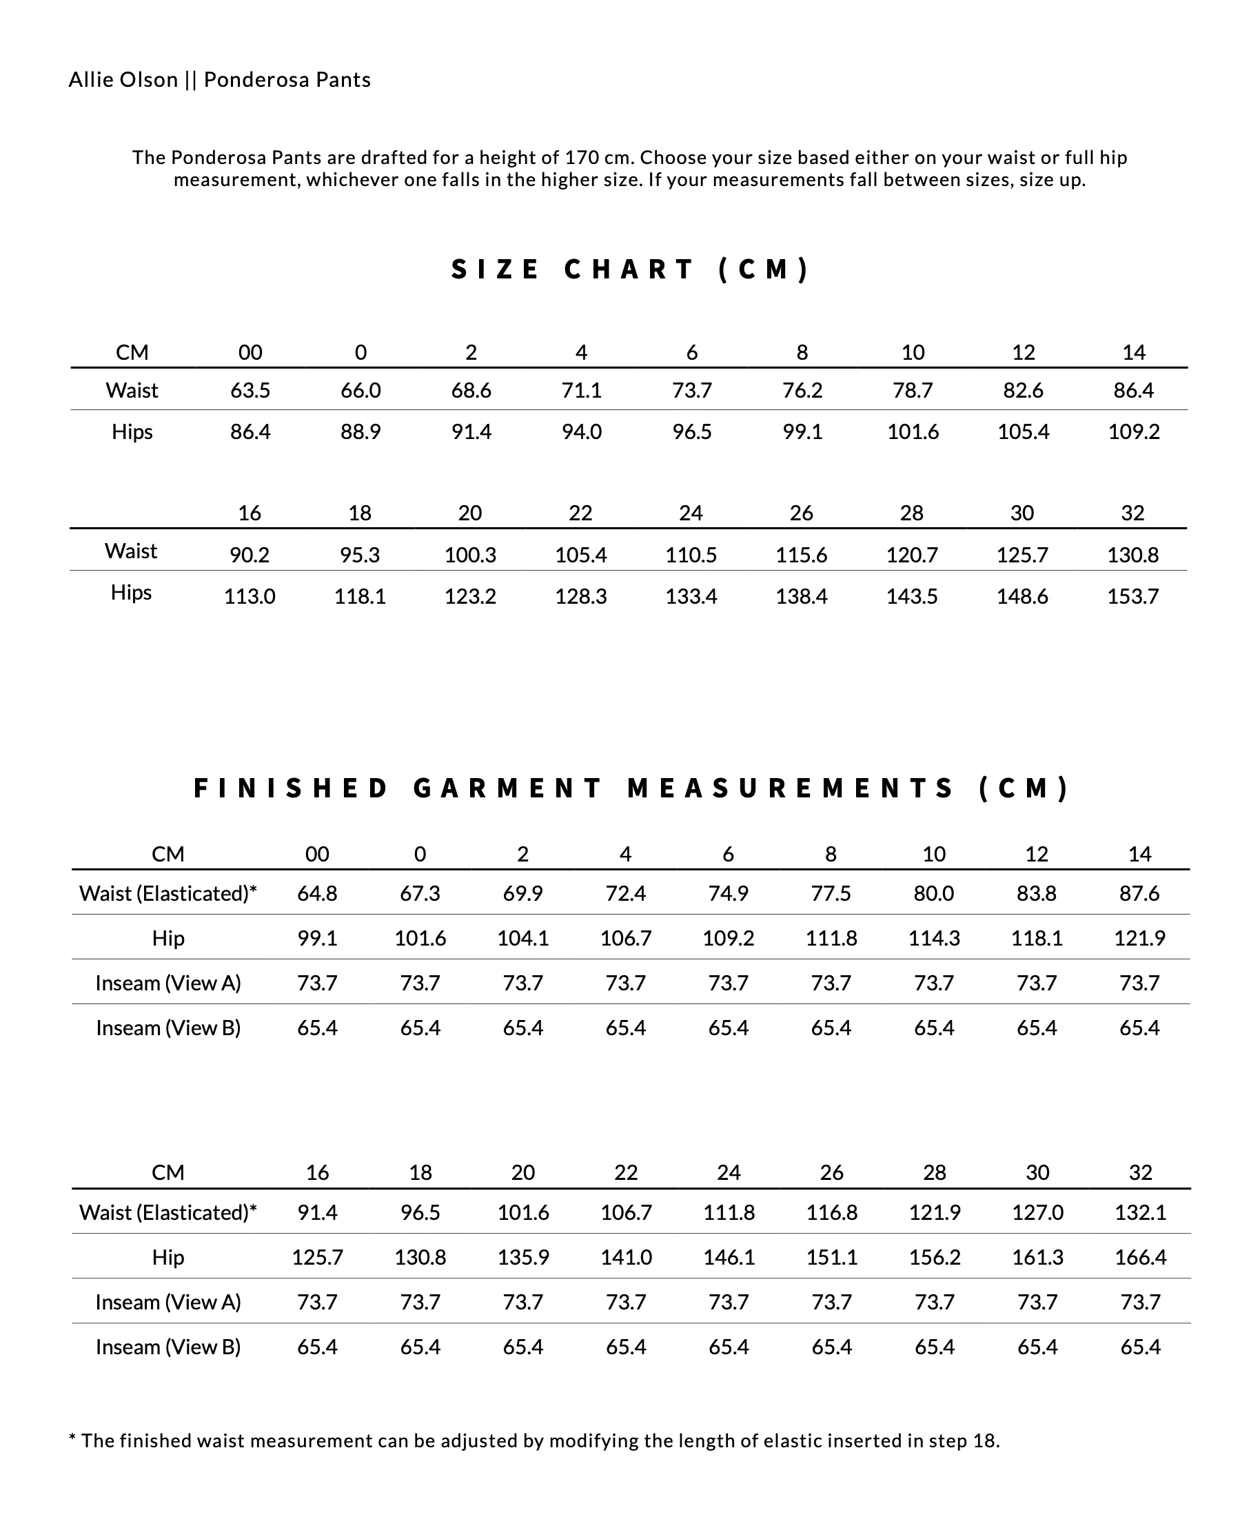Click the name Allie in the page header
[x=86, y=79]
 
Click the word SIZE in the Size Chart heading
[x=495, y=269]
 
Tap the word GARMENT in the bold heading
[x=507, y=788]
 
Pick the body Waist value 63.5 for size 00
[x=250, y=391]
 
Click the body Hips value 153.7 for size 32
[x=1132, y=597]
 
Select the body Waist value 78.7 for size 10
[x=913, y=391]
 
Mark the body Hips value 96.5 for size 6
[x=692, y=432]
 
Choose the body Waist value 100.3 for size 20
[x=470, y=555]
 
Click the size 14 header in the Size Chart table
[x=1134, y=353]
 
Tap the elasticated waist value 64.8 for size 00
[x=317, y=893]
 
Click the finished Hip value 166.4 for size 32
[x=1140, y=1258]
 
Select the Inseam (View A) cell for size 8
[x=831, y=983]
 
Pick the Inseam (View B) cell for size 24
[x=729, y=1348]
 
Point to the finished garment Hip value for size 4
[x=626, y=939]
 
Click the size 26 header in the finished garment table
[x=832, y=1173]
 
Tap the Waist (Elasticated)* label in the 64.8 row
[x=167, y=893]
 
